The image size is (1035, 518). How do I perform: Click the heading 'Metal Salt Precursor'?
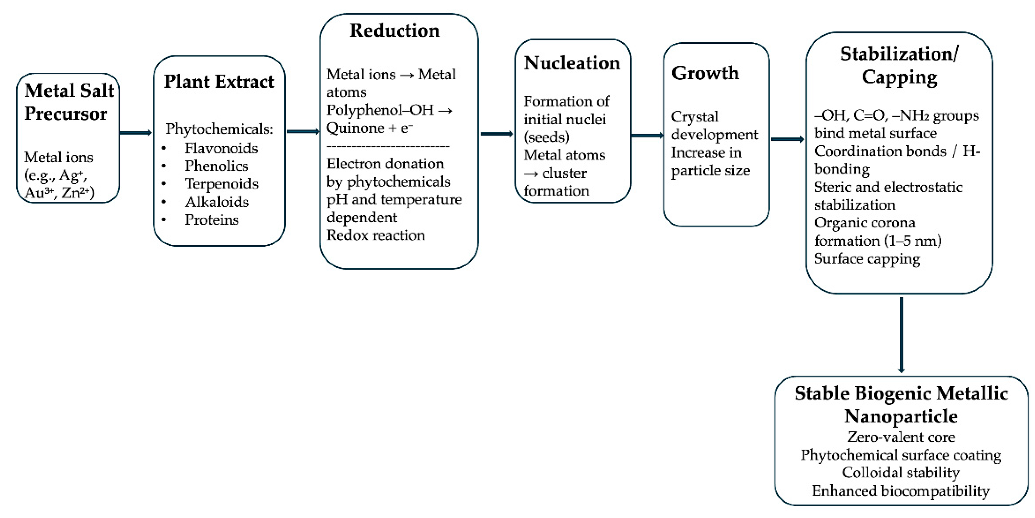(69, 101)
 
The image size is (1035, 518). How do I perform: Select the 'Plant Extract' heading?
(219, 82)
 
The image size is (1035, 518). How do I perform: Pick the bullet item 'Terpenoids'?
(221, 184)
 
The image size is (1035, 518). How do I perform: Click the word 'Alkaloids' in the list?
(217, 201)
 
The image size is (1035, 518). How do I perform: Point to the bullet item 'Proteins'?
(212, 220)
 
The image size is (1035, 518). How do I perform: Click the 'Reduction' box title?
(394, 30)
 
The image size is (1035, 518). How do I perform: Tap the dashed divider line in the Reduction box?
(388, 146)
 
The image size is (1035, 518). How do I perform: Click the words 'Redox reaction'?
(376, 235)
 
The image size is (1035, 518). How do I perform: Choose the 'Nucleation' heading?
(572, 63)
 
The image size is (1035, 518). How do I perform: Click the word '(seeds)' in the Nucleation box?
(547, 137)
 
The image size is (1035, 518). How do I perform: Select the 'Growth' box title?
(705, 73)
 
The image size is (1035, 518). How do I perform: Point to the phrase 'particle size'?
(710, 171)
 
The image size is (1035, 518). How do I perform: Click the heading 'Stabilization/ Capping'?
(899, 65)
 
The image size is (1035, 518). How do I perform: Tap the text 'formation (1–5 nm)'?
(878, 240)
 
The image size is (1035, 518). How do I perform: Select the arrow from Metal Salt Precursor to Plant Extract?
(136, 133)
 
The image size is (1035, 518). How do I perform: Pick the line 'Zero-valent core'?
(901, 437)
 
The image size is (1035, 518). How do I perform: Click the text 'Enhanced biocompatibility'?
(901, 491)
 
